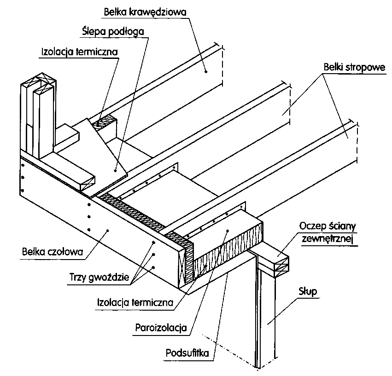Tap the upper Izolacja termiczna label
point(78,52)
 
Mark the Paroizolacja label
point(161,328)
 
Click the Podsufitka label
point(187,353)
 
